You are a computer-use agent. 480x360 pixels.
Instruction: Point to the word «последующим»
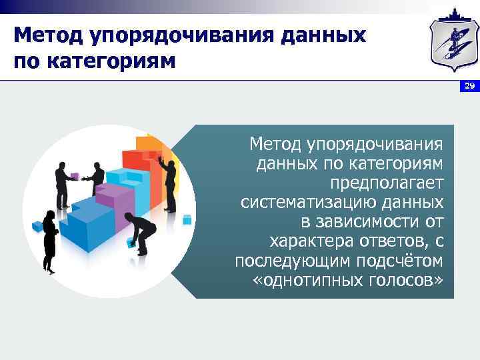pyautogui.click(x=285, y=260)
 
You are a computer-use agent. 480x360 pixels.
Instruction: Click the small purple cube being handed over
pyautogui.click(x=75, y=177)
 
